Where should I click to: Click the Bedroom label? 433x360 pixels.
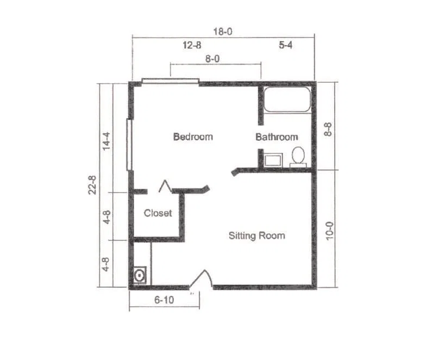click(193, 136)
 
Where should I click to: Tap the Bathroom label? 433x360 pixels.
click(277, 137)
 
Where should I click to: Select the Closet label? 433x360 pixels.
click(158, 213)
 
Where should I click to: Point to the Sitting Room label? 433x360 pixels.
click(257, 235)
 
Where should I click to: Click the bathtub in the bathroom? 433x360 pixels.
click(287, 100)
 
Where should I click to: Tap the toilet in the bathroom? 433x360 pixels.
click(298, 157)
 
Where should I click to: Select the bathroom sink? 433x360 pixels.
click(273, 160)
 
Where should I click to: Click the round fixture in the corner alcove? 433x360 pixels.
click(140, 275)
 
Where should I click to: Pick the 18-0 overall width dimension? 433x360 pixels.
click(223, 32)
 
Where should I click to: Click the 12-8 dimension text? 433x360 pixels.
click(192, 45)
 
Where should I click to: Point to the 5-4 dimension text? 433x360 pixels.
click(285, 45)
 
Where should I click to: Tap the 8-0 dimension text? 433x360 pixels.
click(212, 59)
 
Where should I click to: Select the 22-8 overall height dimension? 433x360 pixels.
click(92, 185)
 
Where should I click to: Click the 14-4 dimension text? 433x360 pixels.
click(106, 141)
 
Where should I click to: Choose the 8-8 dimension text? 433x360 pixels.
click(328, 129)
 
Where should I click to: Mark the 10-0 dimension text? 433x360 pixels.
click(330, 231)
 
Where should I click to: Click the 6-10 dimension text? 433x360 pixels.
click(164, 300)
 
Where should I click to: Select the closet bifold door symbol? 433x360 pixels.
click(165, 186)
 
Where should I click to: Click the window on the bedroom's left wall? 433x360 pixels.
click(129, 144)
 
